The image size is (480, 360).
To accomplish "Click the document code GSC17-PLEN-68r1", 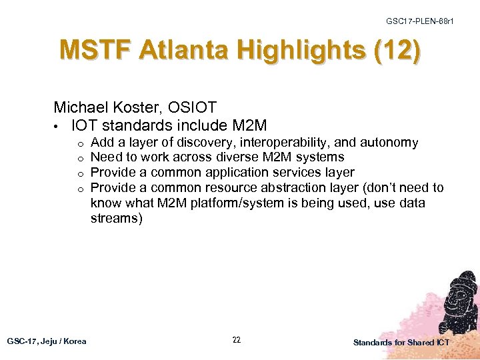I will [x=419, y=21].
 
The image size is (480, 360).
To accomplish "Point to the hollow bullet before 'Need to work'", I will [x=79, y=158].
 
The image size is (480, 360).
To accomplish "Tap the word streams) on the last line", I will [x=116, y=219].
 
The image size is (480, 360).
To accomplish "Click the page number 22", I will [x=237, y=340].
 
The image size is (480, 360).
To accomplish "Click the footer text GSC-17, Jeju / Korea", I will [x=47, y=341].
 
